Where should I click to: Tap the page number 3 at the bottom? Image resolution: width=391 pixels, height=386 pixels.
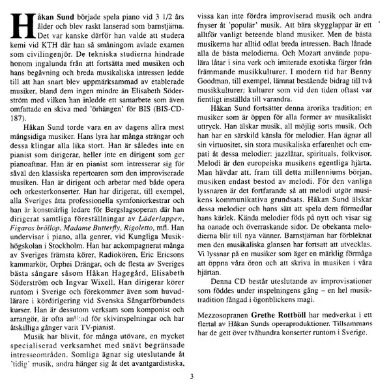pos(192,375)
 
